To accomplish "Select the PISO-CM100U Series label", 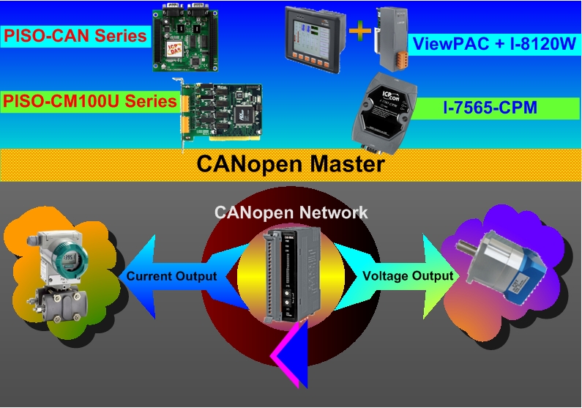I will [89, 102].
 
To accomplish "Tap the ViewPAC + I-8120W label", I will [494, 42].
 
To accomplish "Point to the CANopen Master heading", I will [290, 163].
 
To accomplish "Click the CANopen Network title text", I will [291, 213].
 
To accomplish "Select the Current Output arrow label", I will [171, 276].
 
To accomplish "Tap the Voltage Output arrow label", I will [408, 276].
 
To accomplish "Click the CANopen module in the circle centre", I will [291, 275].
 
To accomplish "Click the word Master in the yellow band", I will [340, 163].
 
